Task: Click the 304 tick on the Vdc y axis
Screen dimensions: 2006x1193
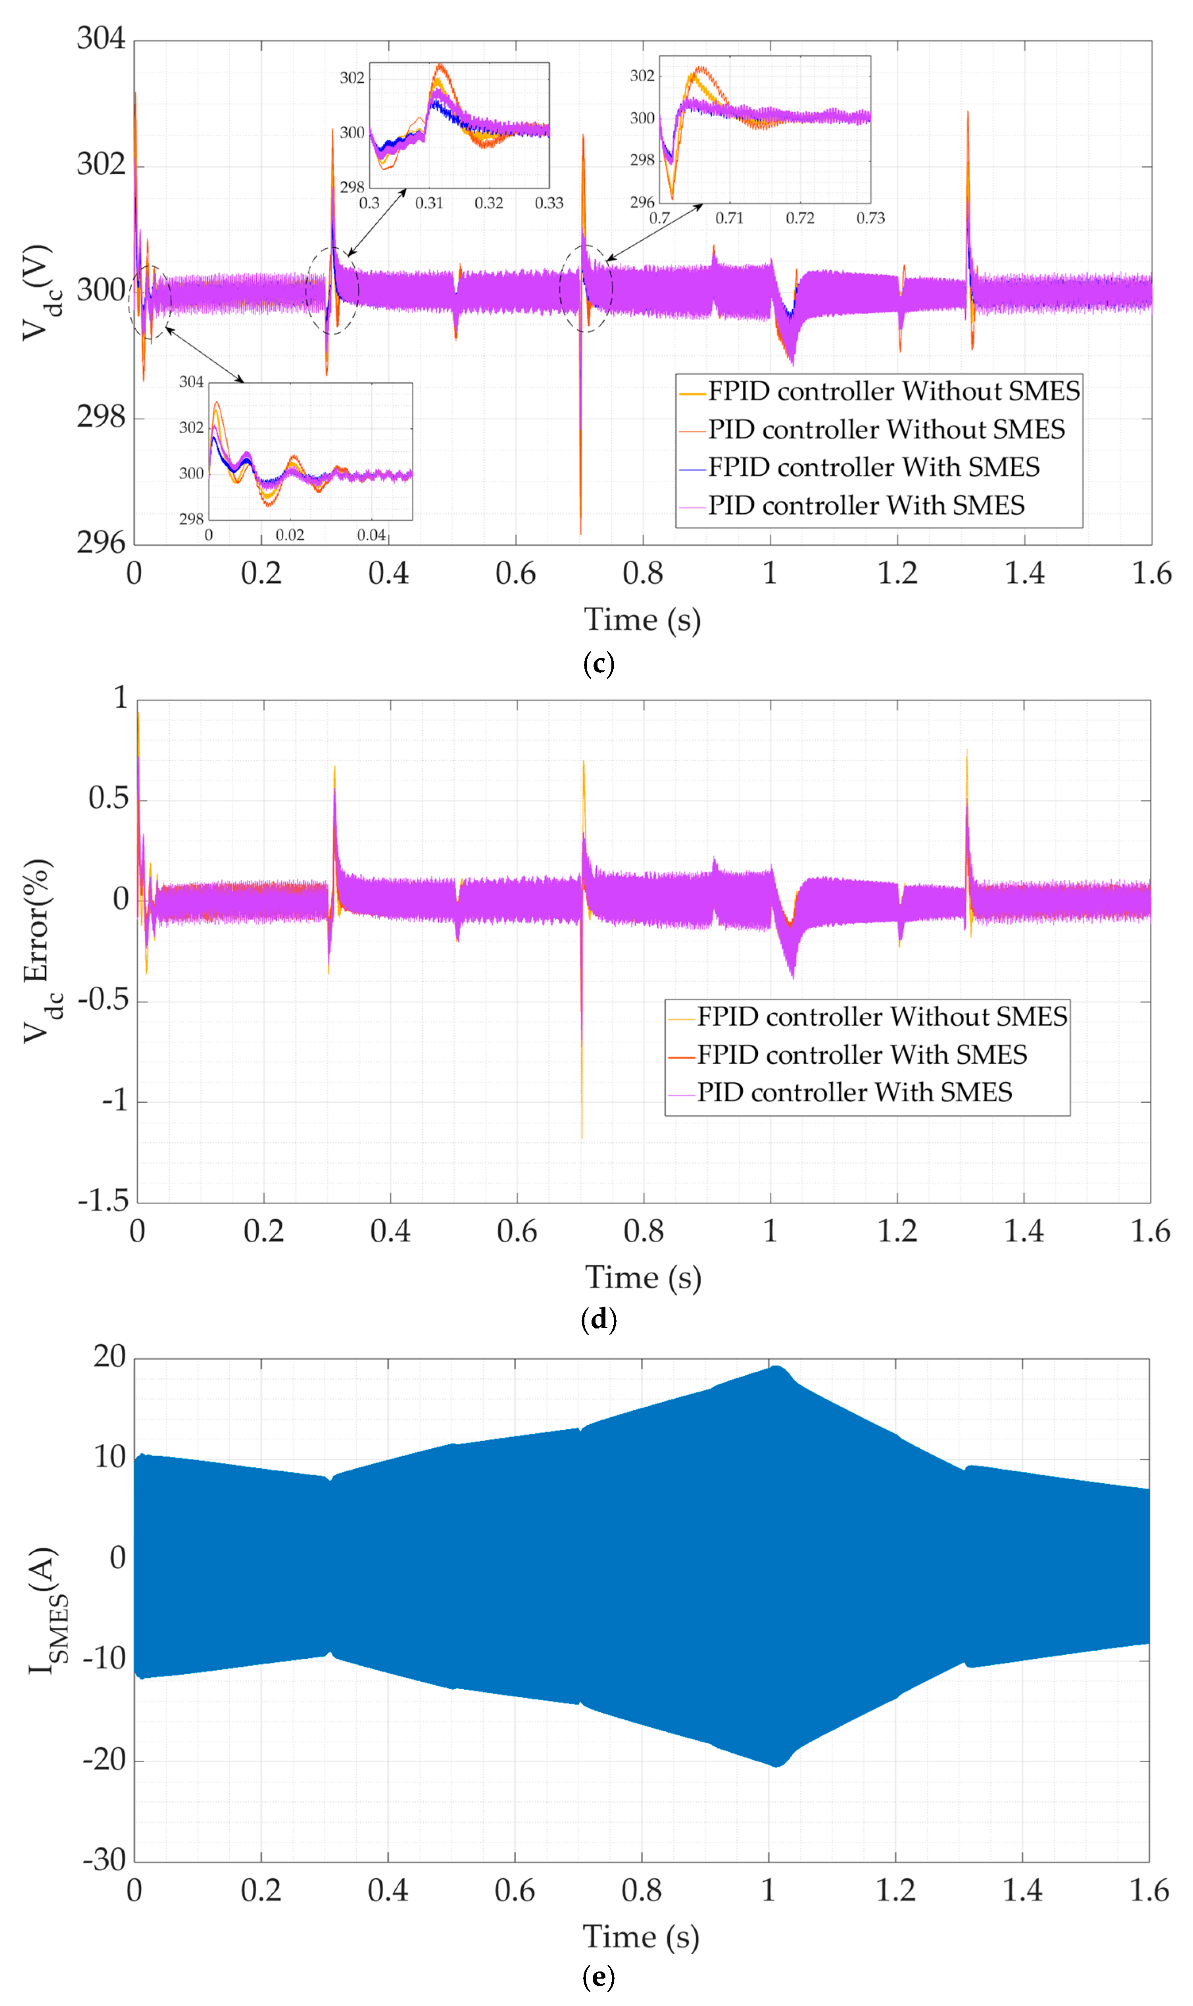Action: (101, 39)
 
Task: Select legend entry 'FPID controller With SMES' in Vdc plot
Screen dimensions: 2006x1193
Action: (873, 467)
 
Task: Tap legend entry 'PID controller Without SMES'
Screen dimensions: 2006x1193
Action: (886, 429)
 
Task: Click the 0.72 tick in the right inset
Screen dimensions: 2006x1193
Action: (800, 218)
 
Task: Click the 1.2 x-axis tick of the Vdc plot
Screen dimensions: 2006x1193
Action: (897, 573)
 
